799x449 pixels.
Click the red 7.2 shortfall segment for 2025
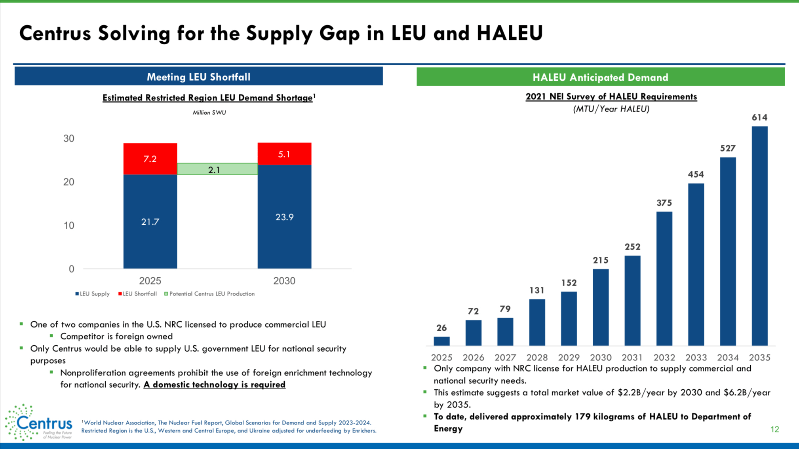[x=150, y=159]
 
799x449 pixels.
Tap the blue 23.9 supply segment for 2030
[x=284, y=217]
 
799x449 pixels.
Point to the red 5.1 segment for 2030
[x=284, y=154]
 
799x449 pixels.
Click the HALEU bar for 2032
[x=664, y=278]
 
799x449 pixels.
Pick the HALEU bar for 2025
[x=441, y=341]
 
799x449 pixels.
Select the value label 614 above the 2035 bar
[x=759, y=117]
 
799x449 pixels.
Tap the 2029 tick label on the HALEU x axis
[x=569, y=358]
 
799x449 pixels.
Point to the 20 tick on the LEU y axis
[x=69, y=182]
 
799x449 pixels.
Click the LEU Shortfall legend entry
[x=137, y=294]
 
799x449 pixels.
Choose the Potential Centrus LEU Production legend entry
[x=209, y=294]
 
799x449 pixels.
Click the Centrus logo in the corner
[x=38, y=422]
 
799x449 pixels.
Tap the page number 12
[x=774, y=429]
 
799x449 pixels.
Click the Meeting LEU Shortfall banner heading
[x=198, y=77]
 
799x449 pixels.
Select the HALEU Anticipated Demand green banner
[x=600, y=77]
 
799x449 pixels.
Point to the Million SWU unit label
[x=209, y=113]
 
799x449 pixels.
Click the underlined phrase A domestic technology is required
[x=214, y=385]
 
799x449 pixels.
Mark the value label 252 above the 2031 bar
[x=632, y=247]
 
